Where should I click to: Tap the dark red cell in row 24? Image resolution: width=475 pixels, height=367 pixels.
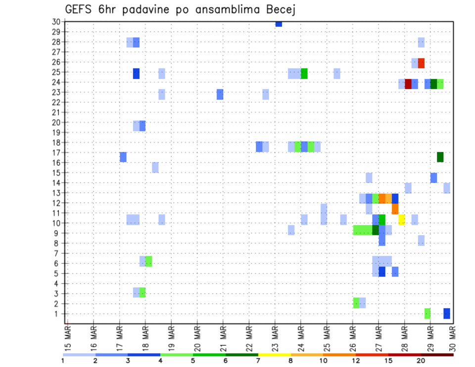pyautogui.click(x=408, y=84)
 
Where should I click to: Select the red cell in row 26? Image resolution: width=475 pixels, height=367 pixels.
pyautogui.click(x=421, y=63)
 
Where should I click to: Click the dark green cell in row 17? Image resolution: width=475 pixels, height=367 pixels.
pyautogui.click(x=440, y=157)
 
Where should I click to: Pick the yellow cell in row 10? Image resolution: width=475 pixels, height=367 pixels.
pyautogui.click(x=402, y=219)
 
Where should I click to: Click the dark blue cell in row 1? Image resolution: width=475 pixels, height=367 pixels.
pyautogui.click(x=447, y=313)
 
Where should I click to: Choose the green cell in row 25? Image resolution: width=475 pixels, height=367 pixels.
pyautogui.click(x=304, y=73)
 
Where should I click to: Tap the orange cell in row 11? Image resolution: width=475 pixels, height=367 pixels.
pyautogui.click(x=395, y=209)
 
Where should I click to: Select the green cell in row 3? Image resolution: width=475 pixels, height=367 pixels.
pyautogui.click(x=142, y=292)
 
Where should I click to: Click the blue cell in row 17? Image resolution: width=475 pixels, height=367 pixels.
pyautogui.click(x=123, y=157)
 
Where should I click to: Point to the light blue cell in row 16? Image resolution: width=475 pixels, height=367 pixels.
pyautogui.click(x=155, y=167)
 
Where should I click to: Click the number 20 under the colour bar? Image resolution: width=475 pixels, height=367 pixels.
pyautogui.click(x=421, y=361)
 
